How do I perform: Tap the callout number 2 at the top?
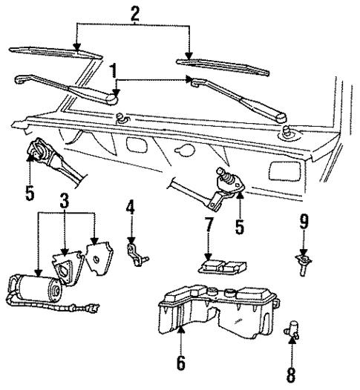point(135,13)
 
